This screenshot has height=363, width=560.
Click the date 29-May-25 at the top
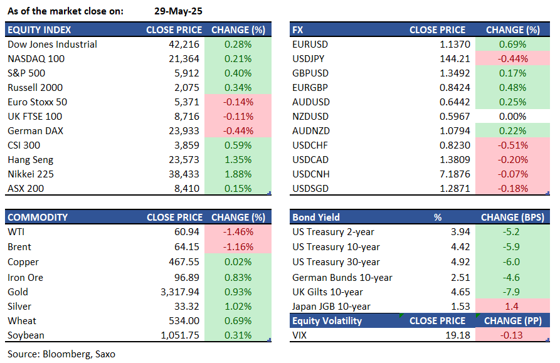click(178, 11)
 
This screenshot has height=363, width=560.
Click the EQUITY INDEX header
click(40, 29)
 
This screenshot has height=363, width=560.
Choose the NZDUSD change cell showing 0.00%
click(513, 117)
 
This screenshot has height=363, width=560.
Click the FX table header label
click(298, 29)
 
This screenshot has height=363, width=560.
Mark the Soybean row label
click(27, 335)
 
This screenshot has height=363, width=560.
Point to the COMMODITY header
click(38, 217)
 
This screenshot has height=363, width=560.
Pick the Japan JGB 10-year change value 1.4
click(513, 307)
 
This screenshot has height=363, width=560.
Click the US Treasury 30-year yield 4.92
click(457, 262)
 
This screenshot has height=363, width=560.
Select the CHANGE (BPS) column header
click(512, 217)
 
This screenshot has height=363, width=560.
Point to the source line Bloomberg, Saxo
click(61, 354)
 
